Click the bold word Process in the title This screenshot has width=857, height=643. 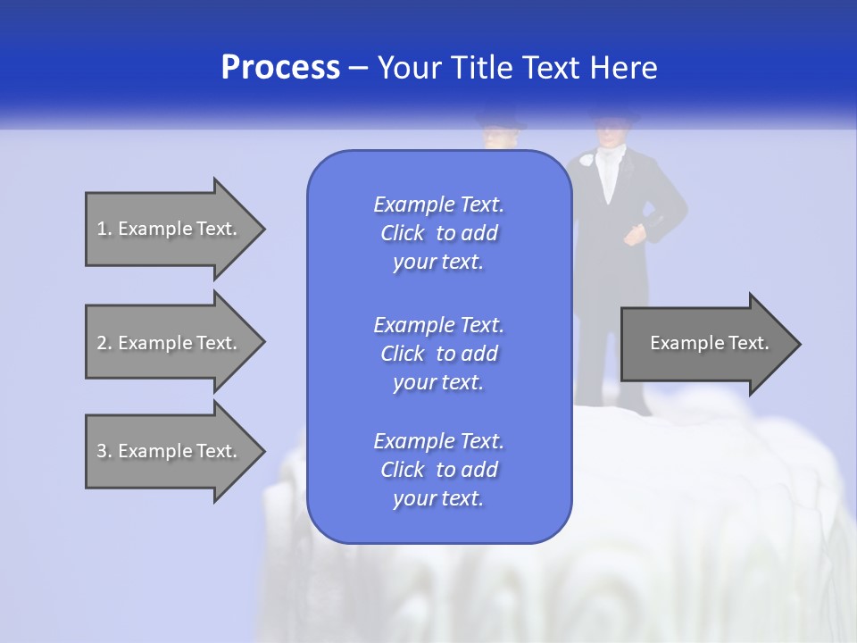pyautogui.click(x=280, y=68)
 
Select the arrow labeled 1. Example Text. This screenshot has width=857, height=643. pyautogui.click(x=170, y=229)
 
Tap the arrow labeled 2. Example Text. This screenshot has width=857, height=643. pyautogui.click(x=170, y=343)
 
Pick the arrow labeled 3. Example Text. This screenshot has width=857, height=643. pyautogui.click(x=170, y=451)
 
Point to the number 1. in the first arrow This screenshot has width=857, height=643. pyautogui.click(x=104, y=229)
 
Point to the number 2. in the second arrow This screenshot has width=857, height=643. pyautogui.click(x=104, y=343)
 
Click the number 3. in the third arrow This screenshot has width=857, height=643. pyautogui.click(x=104, y=451)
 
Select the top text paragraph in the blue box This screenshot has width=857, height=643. pyautogui.click(x=438, y=233)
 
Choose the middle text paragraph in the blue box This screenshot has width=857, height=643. pyautogui.click(x=438, y=354)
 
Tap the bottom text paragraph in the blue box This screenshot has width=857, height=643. pyautogui.click(x=438, y=470)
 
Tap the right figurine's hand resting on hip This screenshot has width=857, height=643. pyautogui.click(x=635, y=236)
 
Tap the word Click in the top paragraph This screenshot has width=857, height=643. pyautogui.click(x=403, y=233)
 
